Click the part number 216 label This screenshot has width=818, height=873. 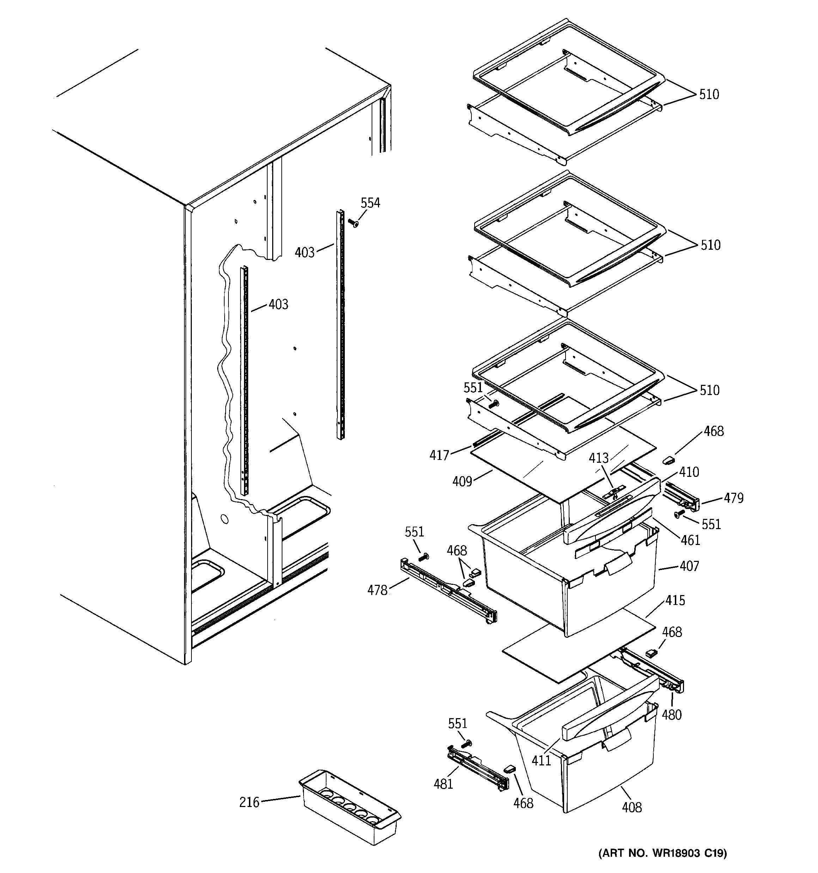[x=249, y=802]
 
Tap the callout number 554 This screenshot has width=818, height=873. [x=370, y=203]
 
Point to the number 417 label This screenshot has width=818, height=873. [x=439, y=455]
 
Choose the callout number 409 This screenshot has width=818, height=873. [x=462, y=482]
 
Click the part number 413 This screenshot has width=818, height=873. [x=598, y=458]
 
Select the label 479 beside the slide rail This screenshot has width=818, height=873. [x=733, y=498]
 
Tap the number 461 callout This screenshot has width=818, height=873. [x=690, y=540]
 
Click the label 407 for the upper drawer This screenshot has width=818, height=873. [x=689, y=566]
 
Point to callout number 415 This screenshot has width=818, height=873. [x=675, y=600]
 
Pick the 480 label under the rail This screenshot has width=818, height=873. [x=672, y=715]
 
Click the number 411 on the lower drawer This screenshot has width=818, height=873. [x=541, y=760]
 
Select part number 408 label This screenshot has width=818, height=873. [x=632, y=807]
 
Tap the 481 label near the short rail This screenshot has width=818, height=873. [x=443, y=784]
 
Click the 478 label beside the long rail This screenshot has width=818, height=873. [x=378, y=590]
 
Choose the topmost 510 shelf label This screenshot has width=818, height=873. [x=709, y=95]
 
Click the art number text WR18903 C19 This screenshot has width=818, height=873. [x=663, y=853]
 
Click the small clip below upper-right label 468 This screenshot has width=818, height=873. [x=668, y=460]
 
